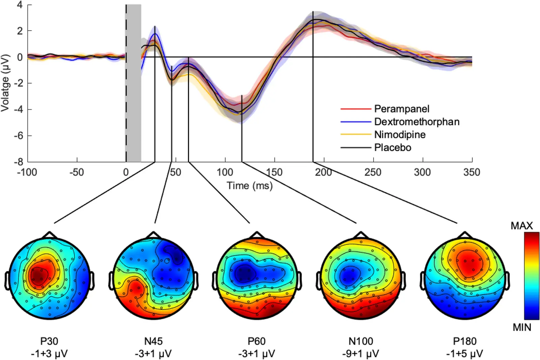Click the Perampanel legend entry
[x=402, y=109]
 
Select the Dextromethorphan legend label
[x=417, y=122]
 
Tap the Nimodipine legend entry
[x=400, y=135]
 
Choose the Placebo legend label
[x=393, y=148]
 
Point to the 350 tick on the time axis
[x=471, y=172]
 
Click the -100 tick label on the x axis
[x=27, y=172]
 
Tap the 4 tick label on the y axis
[x=20, y=5]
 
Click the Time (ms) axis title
[x=249, y=186]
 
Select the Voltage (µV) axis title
[x=5, y=83]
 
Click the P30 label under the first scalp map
[x=49, y=341]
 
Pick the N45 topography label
[x=153, y=341]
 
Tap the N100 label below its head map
[x=361, y=341]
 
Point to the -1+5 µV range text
[x=464, y=354]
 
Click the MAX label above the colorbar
[x=521, y=226]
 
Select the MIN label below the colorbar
[x=522, y=327]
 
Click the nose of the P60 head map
[x=257, y=234]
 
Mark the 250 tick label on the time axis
[x=373, y=172]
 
